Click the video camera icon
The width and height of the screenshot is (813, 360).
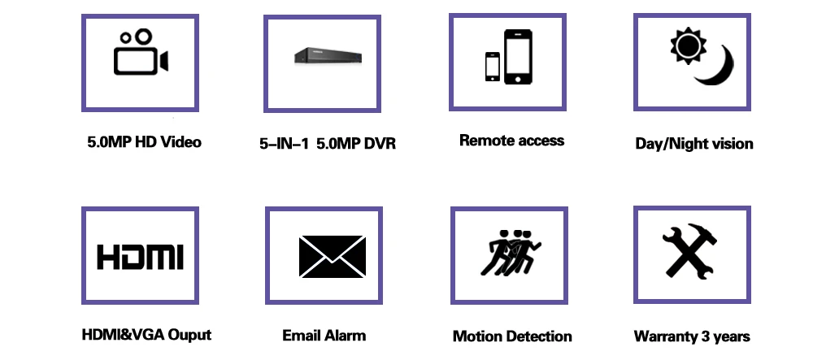pos(140,54)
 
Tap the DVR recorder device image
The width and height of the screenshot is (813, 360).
pos(324,57)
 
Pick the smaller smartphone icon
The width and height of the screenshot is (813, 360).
pos(493,67)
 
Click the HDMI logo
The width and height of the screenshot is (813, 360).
pos(140,255)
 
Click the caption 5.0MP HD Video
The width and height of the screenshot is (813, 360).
pos(144,142)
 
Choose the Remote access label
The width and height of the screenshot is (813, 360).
pos(511,141)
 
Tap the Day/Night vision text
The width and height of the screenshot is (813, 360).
pos(694,144)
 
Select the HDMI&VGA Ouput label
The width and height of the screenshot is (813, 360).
pos(146,335)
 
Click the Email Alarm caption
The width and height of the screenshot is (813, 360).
pos(324,335)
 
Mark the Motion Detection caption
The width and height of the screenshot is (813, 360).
pos(512,336)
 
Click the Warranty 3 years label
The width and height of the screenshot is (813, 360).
pos(692,336)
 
